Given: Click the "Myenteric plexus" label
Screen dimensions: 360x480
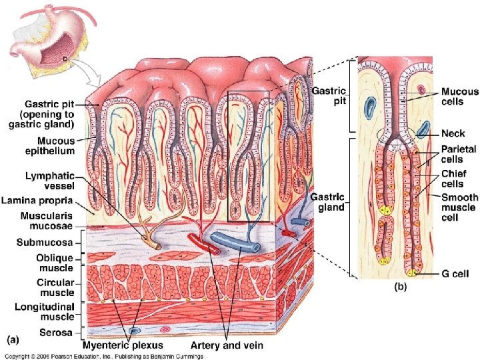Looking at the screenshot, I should tap(123, 345).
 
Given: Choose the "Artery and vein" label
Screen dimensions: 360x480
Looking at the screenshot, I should tap(227, 345).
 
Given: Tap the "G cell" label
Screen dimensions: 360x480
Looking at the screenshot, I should tap(455, 273).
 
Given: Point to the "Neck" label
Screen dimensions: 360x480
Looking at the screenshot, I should tap(453, 133).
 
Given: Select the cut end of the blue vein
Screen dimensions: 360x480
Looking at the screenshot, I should tap(250, 245).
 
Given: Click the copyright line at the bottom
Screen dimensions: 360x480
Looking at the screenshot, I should tap(133, 354).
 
